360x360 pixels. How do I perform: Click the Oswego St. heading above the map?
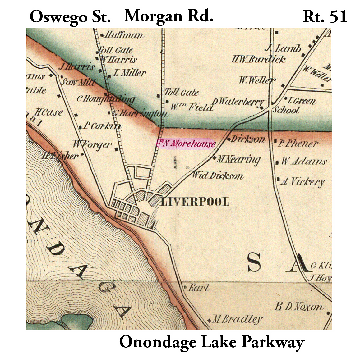[70, 17]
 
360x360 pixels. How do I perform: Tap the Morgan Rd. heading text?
[168, 16]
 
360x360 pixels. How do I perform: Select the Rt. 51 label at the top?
[325, 17]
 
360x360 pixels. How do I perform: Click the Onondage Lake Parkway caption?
[211, 342]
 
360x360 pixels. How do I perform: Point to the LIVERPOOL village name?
[195, 202]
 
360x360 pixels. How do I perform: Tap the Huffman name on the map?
[124, 35]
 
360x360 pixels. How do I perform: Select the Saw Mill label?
[78, 82]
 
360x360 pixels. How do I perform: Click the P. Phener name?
[298, 143]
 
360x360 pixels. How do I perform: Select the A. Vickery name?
[303, 182]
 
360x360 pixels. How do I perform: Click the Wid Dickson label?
[218, 175]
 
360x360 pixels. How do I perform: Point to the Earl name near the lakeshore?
[199, 288]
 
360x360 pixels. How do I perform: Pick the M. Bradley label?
[238, 319]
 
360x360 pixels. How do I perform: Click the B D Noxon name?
[299, 307]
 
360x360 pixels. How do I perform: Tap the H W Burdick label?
[258, 59]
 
